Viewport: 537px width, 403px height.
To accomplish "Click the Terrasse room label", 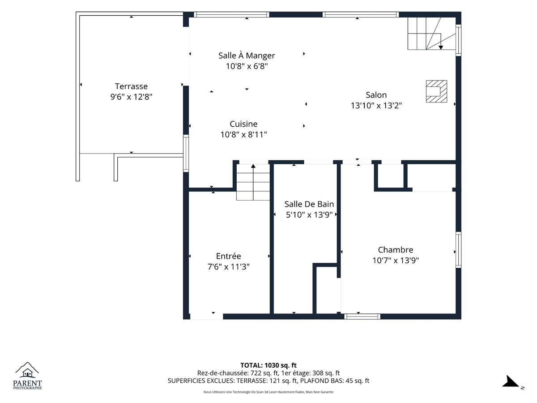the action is coord(132,86).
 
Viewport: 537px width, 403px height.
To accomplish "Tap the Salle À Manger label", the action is coord(247,56).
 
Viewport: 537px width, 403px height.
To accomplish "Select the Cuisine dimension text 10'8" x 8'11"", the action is coord(244,135).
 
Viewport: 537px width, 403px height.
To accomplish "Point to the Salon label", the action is coord(376,95).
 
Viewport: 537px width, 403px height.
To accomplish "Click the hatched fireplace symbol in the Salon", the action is coord(436,91).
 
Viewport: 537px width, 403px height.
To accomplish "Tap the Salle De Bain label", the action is coord(309,204).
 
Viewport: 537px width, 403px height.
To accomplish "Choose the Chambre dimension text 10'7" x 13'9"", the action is coord(396,260).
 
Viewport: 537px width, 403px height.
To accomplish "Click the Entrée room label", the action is coord(229,256).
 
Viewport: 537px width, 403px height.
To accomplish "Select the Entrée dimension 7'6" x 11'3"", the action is coord(229,267).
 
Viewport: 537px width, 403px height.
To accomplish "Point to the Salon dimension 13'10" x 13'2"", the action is coord(376,106).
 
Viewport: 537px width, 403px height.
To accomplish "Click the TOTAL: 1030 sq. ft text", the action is coord(268,365).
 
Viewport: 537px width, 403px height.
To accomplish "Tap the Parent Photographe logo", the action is coord(27,376).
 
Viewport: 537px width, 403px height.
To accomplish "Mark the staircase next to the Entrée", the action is coord(253,182).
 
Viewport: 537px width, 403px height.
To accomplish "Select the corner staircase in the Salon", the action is coord(431,34).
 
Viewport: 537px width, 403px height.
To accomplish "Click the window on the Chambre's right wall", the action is coord(459,250).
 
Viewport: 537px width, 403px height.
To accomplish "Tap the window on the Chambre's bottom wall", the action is coord(362,317).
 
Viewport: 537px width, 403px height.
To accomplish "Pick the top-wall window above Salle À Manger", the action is coord(231,14).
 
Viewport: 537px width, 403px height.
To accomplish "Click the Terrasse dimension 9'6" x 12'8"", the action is coord(132,97).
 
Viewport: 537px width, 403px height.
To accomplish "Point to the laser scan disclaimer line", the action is coord(268,392).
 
